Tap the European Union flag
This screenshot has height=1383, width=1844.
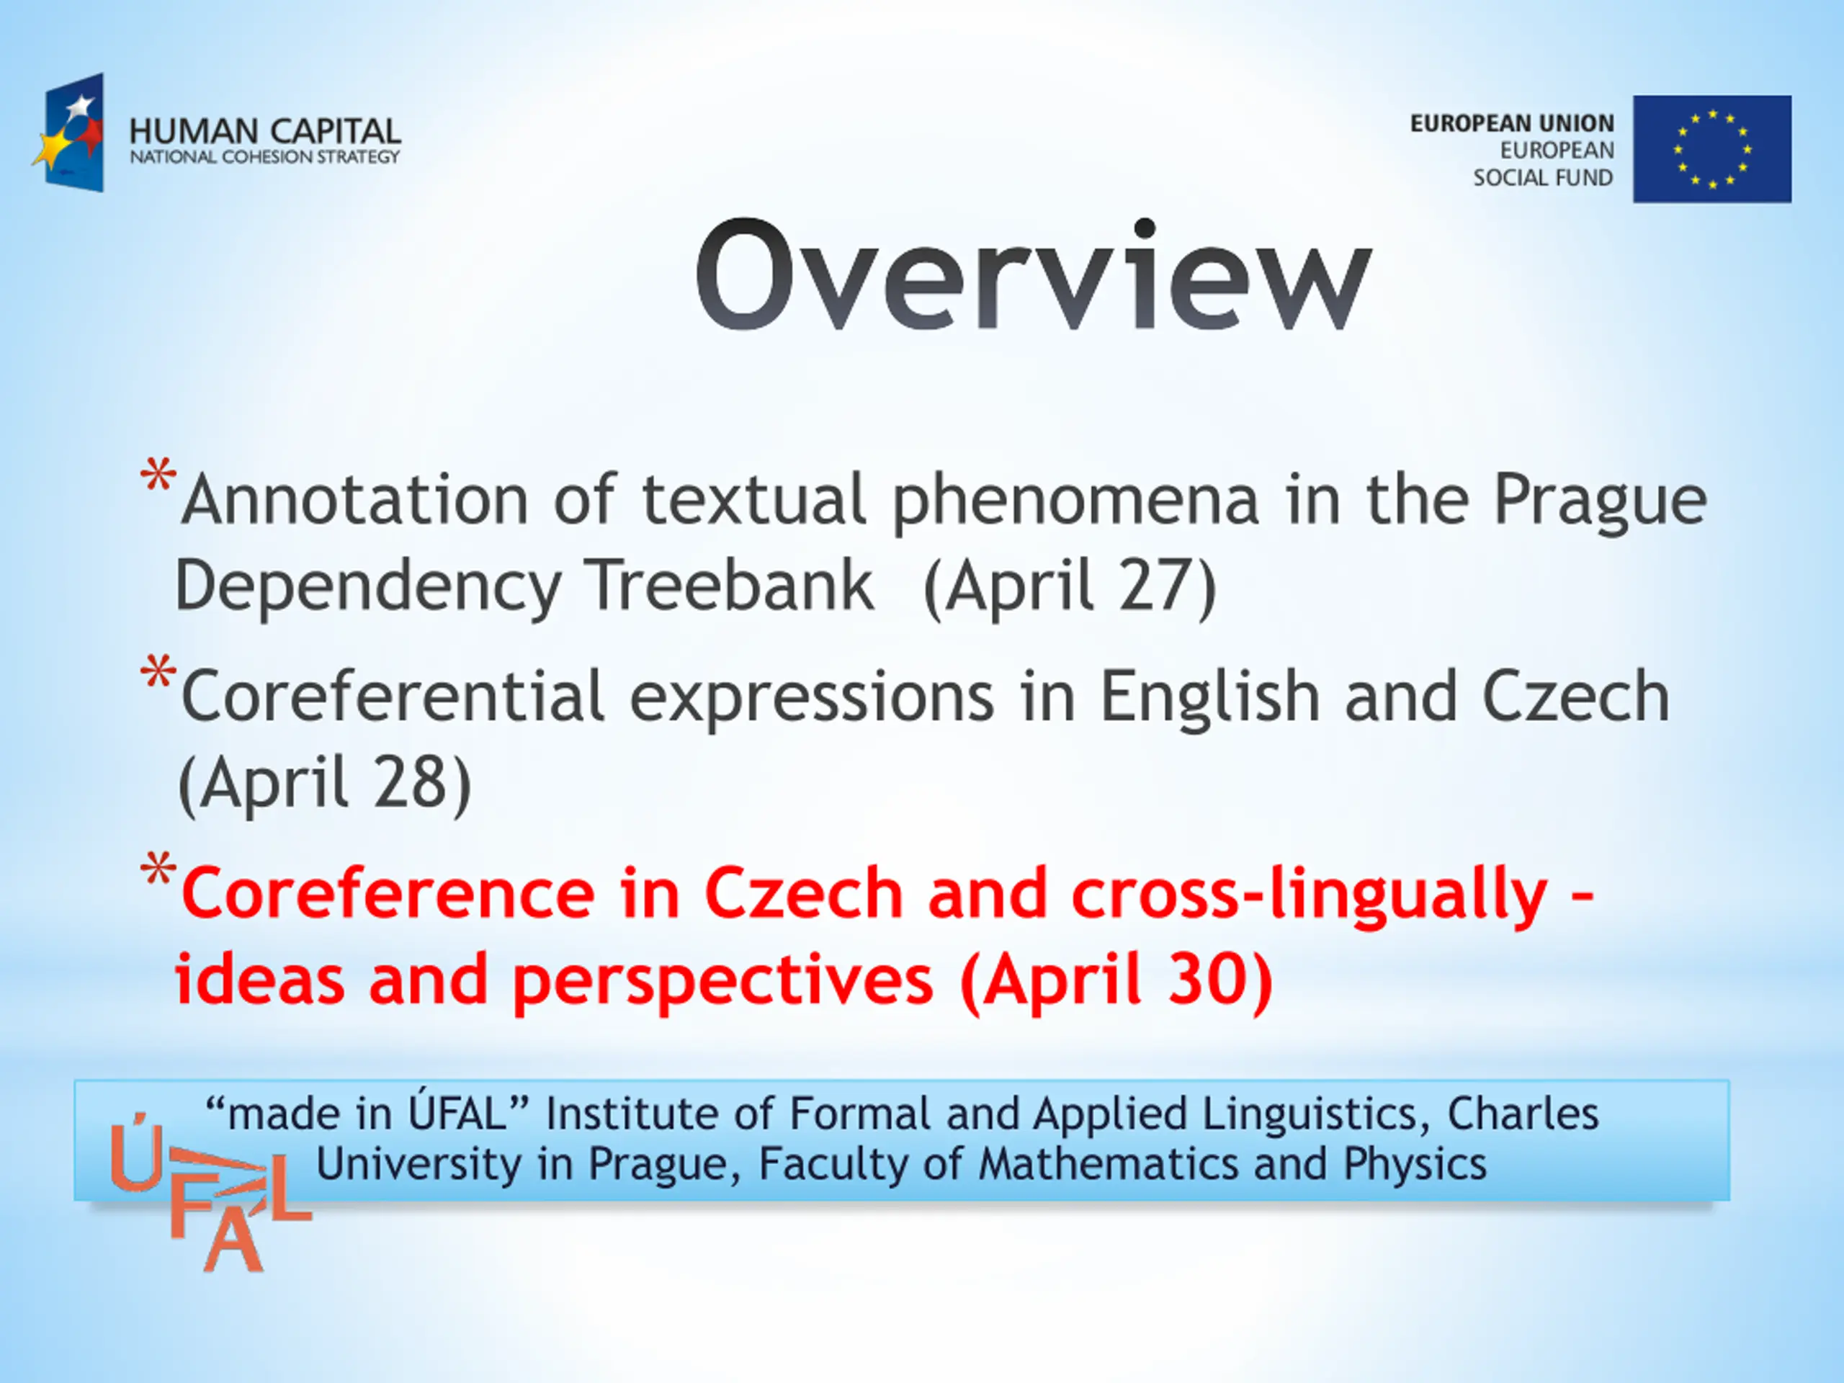point(1712,149)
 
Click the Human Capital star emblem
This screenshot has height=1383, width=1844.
point(69,133)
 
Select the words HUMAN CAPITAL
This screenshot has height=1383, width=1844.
point(265,132)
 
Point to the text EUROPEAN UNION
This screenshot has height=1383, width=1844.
point(1512,123)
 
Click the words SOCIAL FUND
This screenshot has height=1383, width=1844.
point(1543,178)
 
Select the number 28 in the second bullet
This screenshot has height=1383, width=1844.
point(408,782)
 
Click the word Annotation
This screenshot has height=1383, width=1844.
point(355,500)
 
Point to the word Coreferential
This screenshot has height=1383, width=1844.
point(393,696)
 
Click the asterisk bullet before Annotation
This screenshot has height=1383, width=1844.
point(158,476)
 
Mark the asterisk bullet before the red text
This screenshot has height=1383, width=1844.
point(158,869)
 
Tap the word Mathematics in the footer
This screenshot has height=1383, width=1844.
point(1109,1164)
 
